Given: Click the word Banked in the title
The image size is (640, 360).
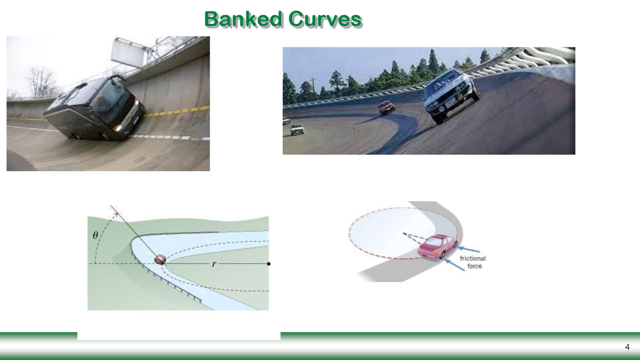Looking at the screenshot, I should tap(243, 19).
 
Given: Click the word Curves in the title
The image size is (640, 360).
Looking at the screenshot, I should tap(325, 19).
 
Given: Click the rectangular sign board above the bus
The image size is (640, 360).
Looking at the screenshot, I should tap(129, 52).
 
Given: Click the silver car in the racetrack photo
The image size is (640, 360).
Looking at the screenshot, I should tap(452, 96).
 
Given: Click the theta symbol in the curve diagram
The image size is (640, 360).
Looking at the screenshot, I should tap(95, 235).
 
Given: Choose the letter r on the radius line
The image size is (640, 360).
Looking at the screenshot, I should tap(214, 264).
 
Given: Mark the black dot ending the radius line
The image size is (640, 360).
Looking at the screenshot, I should tap(269, 263).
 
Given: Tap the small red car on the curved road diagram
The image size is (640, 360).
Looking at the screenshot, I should tap(159, 260).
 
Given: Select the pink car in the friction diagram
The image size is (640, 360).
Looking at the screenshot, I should tap(437, 247).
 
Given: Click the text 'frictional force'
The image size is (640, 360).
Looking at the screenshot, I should tap(473, 262).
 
